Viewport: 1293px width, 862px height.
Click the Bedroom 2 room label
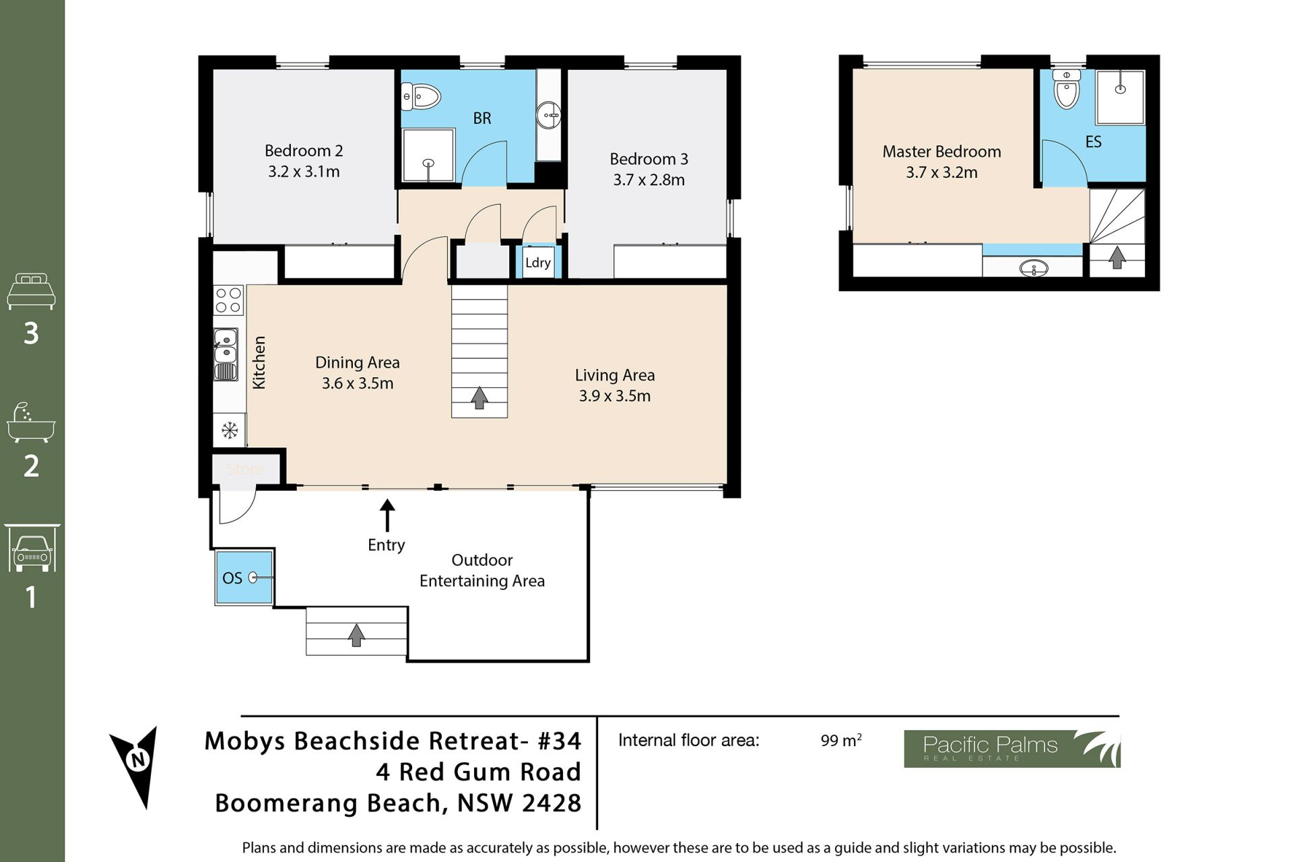pos(304,150)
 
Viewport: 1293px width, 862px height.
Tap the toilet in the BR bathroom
pos(421,96)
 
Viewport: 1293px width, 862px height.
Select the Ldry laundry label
pos(538,263)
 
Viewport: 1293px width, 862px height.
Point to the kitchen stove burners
pos(228,300)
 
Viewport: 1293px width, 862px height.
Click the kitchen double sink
pos(226,354)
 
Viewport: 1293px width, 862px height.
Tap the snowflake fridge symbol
pos(229,430)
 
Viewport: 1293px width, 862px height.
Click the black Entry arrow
pos(387,516)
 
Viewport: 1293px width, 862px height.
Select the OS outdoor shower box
pos(244,578)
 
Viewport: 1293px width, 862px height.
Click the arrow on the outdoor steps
pos(356,635)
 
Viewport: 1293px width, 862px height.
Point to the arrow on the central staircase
pos(479,397)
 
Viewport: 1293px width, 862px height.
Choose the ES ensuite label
pos(1094,142)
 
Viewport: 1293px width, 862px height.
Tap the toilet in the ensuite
pos(1067,89)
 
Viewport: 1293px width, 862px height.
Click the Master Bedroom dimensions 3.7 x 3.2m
pos(941,172)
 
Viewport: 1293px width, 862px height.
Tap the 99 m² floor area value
pos(841,740)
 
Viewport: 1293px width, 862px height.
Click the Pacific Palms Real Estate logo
pos(1012,749)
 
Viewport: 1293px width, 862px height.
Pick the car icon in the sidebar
pos(32,549)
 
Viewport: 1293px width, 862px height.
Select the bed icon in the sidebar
pos(31,291)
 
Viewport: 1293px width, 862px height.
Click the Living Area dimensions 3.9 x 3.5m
pos(615,396)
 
